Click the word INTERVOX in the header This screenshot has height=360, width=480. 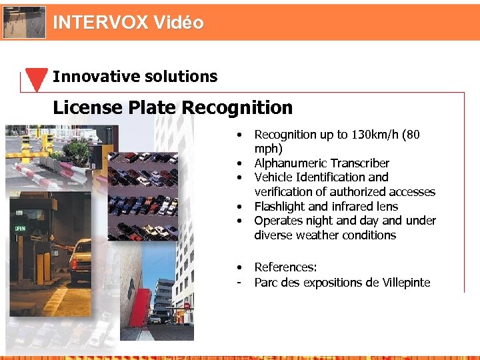tap(100, 23)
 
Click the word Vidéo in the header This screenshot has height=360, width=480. tap(178, 23)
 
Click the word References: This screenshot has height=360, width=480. tap(285, 267)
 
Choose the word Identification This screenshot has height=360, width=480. tap(332, 177)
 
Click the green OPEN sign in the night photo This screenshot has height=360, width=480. tap(21, 228)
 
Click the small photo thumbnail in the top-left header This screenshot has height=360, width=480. tap(25, 22)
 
